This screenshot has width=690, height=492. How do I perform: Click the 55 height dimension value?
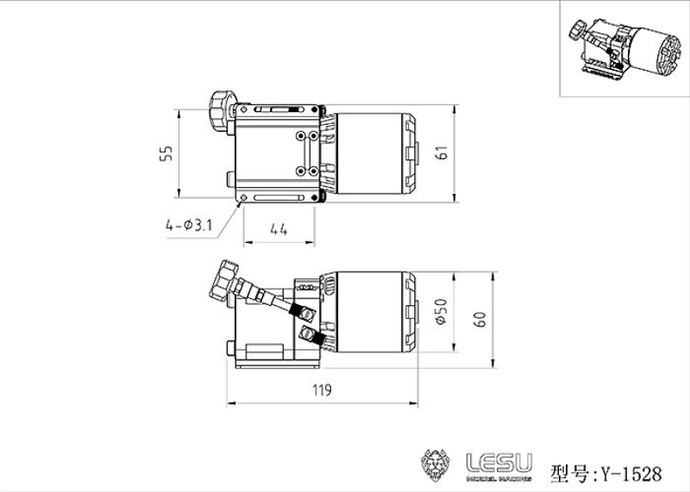pyautogui.click(x=167, y=153)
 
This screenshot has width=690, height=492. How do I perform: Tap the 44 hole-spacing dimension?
pyautogui.click(x=278, y=228)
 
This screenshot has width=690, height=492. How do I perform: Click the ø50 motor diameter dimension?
pyautogui.click(x=442, y=312)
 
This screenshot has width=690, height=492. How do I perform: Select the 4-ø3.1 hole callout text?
pyautogui.click(x=189, y=226)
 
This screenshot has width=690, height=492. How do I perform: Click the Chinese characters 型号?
pyautogui.click(x=568, y=473)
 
